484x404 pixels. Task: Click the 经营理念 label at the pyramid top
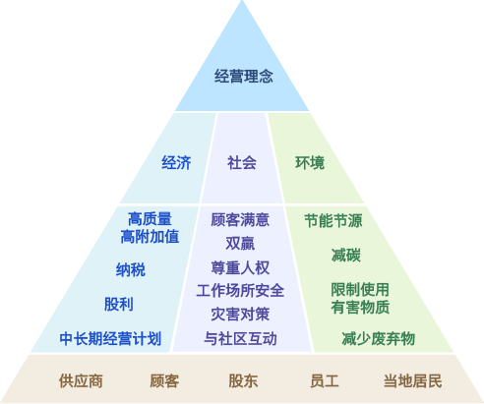pos(244,76)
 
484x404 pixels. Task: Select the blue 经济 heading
pos(176,162)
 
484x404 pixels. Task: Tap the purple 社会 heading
pos(242,162)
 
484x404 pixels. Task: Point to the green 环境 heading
pos(310,162)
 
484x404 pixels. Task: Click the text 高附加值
pos(150,237)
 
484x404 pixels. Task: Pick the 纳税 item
pos(131,269)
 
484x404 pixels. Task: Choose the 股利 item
pos(119,304)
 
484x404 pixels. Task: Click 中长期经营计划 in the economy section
pos(110,338)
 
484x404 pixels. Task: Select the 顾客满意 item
pos(240,219)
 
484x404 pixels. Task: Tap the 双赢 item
pos(240,243)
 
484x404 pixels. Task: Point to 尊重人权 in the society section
pos(240,267)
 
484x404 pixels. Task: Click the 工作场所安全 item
pos(240,291)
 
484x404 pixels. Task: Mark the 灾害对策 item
pos(240,315)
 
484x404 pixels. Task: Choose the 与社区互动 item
pos(240,338)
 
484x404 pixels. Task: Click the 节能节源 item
pos(333,220)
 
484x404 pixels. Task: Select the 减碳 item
pos(346,255)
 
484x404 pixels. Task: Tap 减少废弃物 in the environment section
pos(379,338)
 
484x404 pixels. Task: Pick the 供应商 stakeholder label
pos(81,380)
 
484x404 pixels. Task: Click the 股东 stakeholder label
pos(243,380)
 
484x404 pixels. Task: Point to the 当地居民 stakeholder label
pos(413,380)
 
